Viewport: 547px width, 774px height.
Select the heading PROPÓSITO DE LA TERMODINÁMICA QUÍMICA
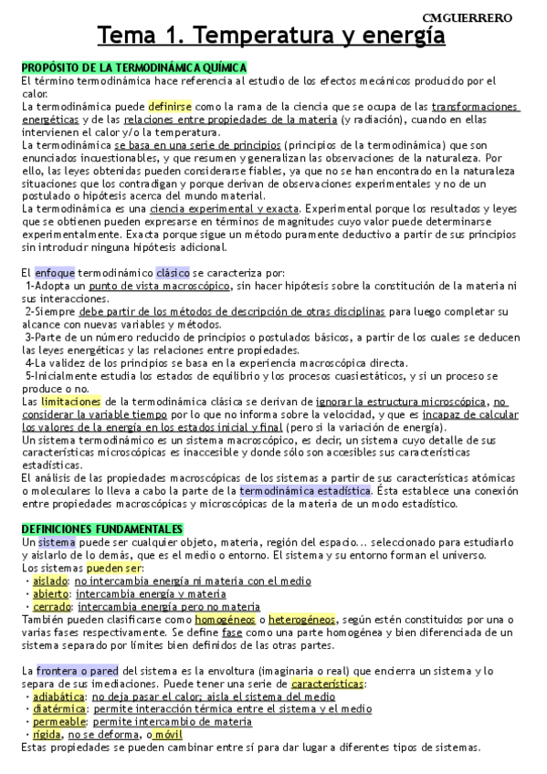click(134, 68)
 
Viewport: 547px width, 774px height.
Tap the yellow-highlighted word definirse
click(170, 107)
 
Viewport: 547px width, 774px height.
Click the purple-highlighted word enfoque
click(54, 273)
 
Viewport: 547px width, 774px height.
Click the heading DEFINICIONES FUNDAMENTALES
click(102, 528)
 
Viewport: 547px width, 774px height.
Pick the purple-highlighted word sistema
click(56, 542)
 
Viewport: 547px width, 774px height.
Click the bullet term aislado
click(49, 580)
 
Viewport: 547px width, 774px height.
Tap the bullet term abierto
click(50, 593)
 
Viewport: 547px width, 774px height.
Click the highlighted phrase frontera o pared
click(77, 670)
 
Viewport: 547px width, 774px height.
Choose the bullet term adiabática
click(59, 696)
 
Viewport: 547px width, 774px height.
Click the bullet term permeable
click(58, 720)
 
